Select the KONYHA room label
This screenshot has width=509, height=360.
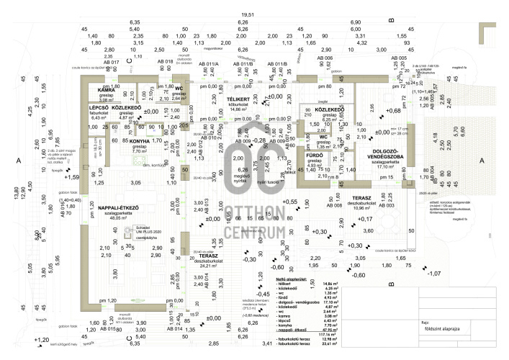point(140,141)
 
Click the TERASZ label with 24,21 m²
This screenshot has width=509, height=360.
point(209,256)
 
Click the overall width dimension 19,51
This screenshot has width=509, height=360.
point(248,14)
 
